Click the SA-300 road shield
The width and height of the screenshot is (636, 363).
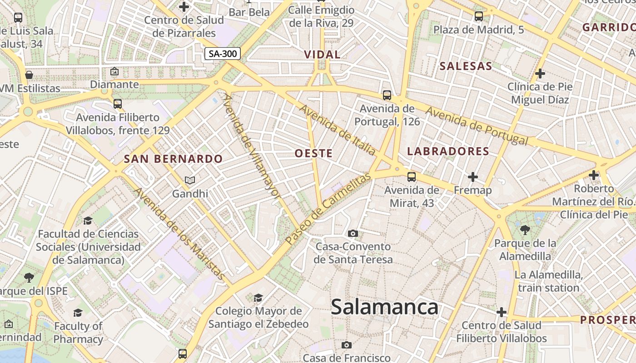222,54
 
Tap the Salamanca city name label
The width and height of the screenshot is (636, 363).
384,307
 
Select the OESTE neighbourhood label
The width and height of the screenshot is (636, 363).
313,153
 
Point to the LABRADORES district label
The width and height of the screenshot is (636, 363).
448,151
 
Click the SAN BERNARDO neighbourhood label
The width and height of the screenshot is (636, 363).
173,159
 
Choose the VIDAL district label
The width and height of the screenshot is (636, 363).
322,54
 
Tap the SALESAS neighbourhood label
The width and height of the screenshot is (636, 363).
466,66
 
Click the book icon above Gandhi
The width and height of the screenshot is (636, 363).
190,181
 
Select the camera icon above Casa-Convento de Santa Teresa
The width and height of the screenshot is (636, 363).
353,234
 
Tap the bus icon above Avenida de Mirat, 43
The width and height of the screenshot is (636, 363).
412,177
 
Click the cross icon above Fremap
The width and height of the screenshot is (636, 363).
473,177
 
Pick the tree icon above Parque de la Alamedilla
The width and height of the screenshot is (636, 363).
525,230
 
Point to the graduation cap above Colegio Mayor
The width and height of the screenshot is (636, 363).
258,298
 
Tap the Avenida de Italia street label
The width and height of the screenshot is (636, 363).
337,130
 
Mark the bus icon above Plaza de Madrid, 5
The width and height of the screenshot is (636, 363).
479,17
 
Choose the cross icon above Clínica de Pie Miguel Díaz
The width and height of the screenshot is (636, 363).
540,73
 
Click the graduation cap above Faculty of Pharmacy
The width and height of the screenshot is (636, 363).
78,313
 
